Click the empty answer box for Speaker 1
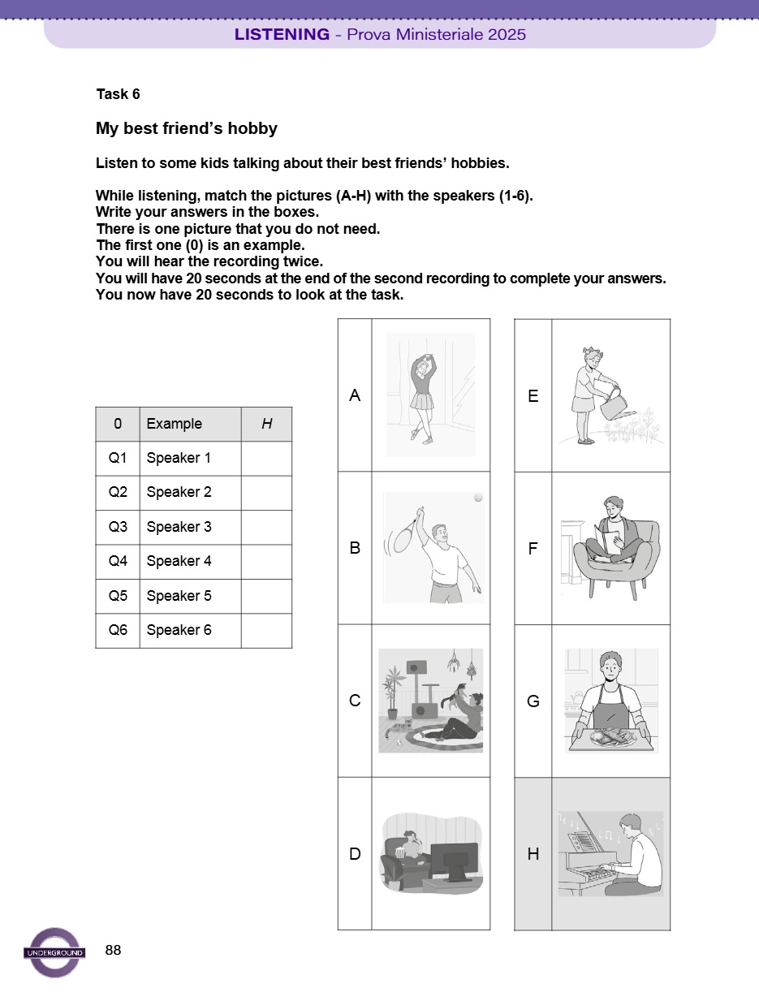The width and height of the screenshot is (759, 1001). [266, 458]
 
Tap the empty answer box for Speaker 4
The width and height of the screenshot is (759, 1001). [266, 561]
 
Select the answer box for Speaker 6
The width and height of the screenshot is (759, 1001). [266, 630]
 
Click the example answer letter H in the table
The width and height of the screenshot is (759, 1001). [266, 424]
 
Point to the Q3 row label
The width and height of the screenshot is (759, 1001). [118, 527]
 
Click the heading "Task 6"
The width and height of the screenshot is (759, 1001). [118, 94]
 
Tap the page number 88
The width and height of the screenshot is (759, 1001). [114, 950]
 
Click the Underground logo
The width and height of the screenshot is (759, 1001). [55, 952]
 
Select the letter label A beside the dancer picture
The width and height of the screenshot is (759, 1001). [355, 395]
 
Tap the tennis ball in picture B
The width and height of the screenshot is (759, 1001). [479, 498]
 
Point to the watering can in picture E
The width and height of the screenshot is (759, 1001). [615, 402]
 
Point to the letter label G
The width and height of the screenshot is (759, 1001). [533, 701]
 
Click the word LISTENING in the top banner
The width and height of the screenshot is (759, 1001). [282, 34]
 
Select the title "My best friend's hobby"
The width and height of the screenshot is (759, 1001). [187, 128]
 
